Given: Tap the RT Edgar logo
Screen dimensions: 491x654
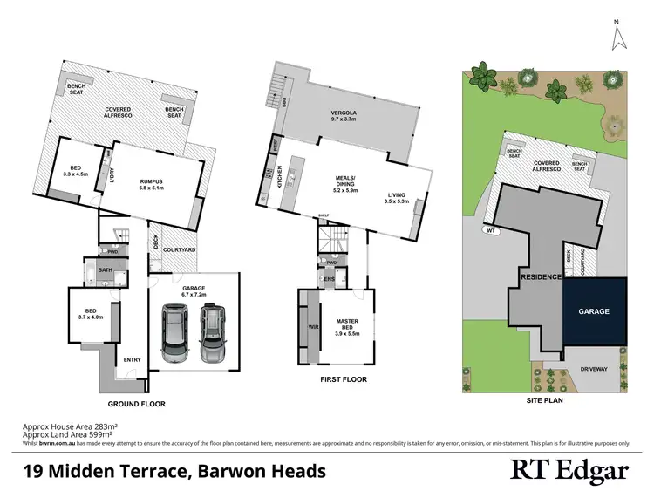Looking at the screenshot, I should pyautogui.click(x=569, y=471).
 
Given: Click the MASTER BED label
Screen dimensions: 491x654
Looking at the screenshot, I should pyautogui.click(x=348, y=327).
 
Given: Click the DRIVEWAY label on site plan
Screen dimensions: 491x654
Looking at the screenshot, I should pyautogui.click(x=595, y=368).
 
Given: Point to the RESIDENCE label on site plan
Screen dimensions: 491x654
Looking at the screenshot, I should pyautogui.click(x=540, y=277).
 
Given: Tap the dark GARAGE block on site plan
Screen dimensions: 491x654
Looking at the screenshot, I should pyautogui.click(x=594, y=311).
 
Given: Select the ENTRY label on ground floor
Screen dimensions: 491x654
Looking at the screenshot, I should pyautogui.click(x=133, y=360).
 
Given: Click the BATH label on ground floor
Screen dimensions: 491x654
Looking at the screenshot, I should pyautogui.click(x=106, y=271).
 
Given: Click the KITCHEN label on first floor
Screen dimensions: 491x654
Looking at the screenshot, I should pyautogui.click(x=279, y=178).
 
